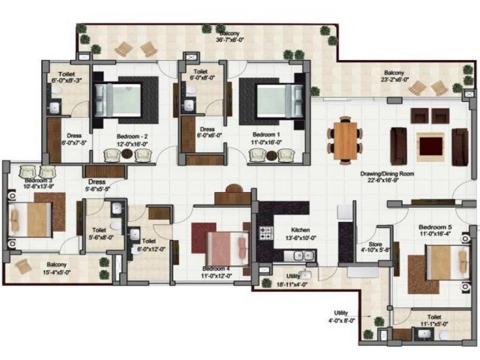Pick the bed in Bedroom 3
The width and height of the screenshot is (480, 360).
(x=30, y=219)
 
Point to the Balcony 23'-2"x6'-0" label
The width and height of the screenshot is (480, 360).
(x=394, y=76)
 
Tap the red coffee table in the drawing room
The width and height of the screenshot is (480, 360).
(x=430, y=146)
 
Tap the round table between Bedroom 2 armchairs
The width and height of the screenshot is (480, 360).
(x=127, y=154)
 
